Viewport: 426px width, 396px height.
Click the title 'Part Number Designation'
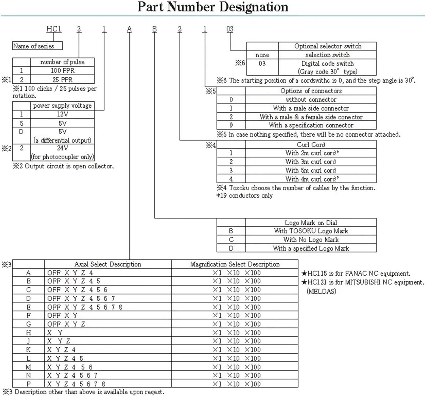(213, 7)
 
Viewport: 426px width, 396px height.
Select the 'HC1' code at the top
(54, 29)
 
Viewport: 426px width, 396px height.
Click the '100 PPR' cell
(62, 71)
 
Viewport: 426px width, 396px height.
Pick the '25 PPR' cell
(62, 80)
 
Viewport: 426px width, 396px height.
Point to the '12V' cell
(62, 114)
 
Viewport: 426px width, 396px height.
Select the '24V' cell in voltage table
(62, 148)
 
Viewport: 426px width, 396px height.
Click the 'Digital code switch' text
(327, 63)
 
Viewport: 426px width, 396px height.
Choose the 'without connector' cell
(311, 100)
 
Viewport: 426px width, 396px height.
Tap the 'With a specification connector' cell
(311, 125)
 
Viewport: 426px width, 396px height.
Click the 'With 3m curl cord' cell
(311, 162)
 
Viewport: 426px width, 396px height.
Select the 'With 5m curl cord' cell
(311, 170)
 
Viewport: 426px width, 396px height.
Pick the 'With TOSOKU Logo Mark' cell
(311, 231)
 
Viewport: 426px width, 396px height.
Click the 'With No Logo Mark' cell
(311, 239)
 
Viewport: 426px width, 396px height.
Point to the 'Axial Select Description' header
(108, 264)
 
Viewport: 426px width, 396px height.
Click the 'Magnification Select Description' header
(235, 264)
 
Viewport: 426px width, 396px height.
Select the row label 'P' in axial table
(28, 384)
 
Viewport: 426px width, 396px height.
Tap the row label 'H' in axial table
(28, 333)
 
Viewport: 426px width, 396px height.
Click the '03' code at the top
(230, 29)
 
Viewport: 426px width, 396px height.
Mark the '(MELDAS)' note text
(321, 291)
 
